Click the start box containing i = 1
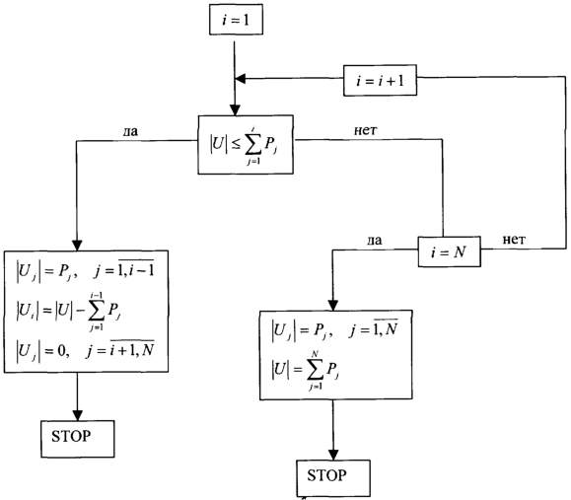click(236, 20)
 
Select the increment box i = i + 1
click(381, 81)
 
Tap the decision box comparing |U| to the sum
click(246, 145)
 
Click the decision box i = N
click(449, 251)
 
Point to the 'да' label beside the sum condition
click(130, 131)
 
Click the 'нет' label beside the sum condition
click(365, 130)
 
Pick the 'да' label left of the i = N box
click(375, 240)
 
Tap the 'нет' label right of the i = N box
click(514, 240)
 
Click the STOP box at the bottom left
click(78, 439)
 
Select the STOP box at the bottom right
click(333, 478)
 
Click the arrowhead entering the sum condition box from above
click(235, 110)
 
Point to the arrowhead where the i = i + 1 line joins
click(241, 78)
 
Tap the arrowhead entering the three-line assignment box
click(77, 246)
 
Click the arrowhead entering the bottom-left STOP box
click(78, 415)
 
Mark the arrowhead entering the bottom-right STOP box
click(333, 455)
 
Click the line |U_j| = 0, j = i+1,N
click(86, 350)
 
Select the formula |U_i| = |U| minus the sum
click(68, 312)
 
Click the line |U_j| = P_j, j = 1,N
click(334, 329)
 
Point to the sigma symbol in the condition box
click(252, 145)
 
